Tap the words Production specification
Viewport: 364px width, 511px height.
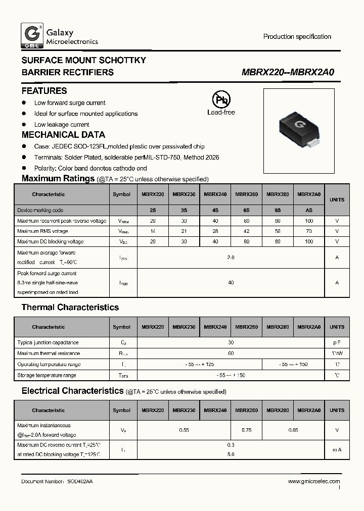click(297, 37)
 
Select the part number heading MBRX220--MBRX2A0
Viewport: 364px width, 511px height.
click(288, 73)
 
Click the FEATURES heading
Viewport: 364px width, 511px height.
click(44, 91)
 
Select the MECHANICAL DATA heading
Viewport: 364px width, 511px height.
click(63, 135)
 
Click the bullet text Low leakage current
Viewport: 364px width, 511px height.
click(62, 125)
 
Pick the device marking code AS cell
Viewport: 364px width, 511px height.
click(308, 211)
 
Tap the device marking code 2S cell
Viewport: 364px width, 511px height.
click(152, 211)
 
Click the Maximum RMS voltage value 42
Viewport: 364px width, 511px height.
click(246, 231)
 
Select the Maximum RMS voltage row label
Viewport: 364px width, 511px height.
click(42, 231)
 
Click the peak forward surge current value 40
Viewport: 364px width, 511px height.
click(231, 283)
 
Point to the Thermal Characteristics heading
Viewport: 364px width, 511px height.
click(70, 308)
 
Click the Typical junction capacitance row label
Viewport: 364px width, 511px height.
click(48, 343)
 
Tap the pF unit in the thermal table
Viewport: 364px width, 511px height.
click(337, 343)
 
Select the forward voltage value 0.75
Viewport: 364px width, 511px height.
click(246, 430)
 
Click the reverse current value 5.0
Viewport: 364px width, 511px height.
click(231, 454)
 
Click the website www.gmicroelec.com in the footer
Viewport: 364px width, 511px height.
click(314, 482)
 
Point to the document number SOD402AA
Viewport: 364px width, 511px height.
click(79, 482)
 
